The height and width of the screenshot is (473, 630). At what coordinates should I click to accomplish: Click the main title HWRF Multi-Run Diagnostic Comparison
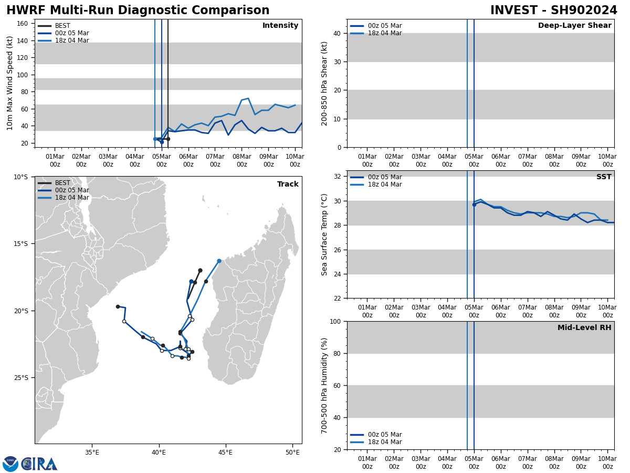(x=138, y=11)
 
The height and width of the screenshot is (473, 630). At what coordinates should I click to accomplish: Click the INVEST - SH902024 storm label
(x=553, y=11)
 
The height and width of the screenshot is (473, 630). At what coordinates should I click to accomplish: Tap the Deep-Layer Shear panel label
(x=574, y=26)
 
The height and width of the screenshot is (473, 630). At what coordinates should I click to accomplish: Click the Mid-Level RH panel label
(x=584, y=328)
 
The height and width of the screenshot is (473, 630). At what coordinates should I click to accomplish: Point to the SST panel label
(x=604, y=177)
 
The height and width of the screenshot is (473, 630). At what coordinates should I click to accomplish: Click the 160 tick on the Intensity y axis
(x=22, y=24)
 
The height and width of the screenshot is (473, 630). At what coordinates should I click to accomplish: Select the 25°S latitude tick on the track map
(x=20, y=378)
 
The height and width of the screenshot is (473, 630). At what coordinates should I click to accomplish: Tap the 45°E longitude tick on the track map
(x=226, y=453)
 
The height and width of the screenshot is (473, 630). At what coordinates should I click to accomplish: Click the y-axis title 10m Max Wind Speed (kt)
(x=10, y=83)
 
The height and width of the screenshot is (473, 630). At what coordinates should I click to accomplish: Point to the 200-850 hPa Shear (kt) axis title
(x=325, y=83)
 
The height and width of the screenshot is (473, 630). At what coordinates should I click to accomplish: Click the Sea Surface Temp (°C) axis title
(x=325, y=234)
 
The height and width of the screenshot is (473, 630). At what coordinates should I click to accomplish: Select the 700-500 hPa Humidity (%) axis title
(x=325, y=385)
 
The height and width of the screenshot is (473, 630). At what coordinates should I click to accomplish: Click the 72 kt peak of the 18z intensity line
(x=248, y=98)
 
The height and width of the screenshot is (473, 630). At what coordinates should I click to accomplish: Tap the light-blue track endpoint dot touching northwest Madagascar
(x=219, y=261)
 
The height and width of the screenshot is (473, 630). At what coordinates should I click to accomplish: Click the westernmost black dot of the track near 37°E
(x=118, y=306)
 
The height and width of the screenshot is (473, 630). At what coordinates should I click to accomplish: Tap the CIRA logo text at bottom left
(x=40, y=464)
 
